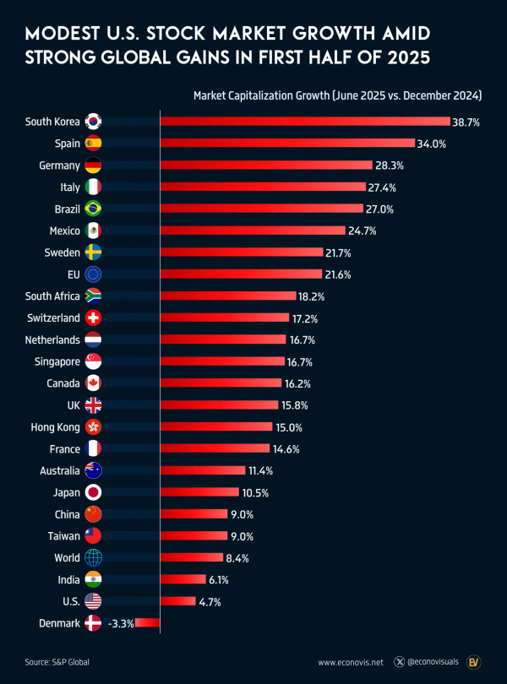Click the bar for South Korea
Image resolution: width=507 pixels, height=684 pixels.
305,122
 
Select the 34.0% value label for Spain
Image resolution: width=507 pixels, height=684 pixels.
433,144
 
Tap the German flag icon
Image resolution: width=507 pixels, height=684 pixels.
94,166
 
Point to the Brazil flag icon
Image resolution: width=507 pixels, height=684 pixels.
94,209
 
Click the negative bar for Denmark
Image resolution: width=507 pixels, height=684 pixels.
147,623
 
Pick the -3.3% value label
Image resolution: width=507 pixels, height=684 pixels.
120,623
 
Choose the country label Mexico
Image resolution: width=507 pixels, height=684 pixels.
63,231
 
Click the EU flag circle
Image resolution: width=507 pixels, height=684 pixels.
94,274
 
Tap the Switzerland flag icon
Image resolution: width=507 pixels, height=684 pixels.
94,318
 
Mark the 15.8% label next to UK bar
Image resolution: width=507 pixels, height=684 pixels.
297,405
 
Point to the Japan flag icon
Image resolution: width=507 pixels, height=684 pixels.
94,492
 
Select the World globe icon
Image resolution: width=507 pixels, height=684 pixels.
94,557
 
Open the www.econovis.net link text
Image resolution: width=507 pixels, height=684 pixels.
350,662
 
